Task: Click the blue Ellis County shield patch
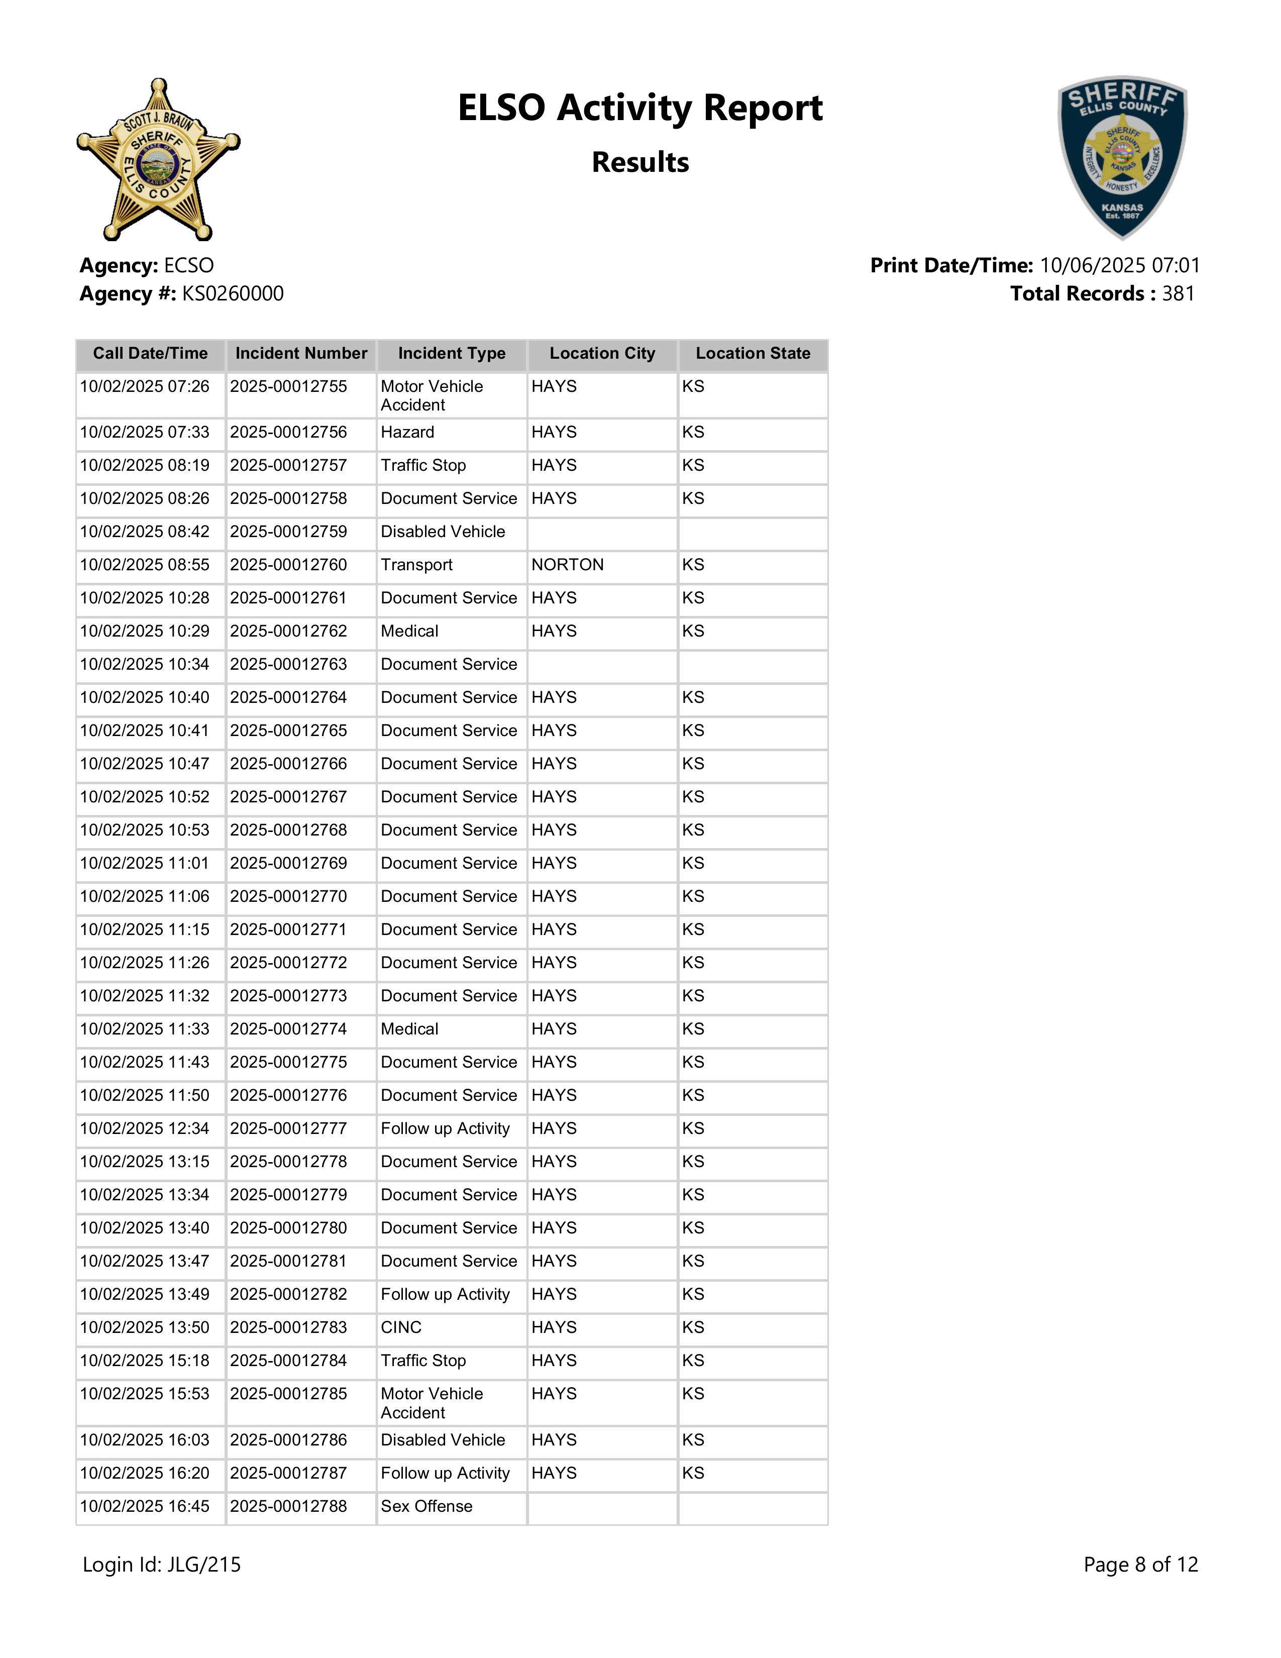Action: [x=1122, y=157]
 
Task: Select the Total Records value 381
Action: [x=1178, y=294]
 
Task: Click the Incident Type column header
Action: [x=452, y=354]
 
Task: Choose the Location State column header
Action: [x=753, y=354]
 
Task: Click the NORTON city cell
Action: [x=568, y=565]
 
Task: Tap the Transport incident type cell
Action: [x=416, y=565]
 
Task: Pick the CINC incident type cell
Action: [x=401, y=1328]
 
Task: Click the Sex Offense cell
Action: [x=426, y=1507]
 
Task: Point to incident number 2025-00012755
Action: [x=288, y=386]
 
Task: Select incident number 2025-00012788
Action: [x=288, y=1507]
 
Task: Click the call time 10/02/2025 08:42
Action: [x=144, y=532]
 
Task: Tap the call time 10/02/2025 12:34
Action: [x=144, y=1129]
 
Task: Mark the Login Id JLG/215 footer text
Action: [x=162, y=1565]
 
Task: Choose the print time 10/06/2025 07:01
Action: [x=1119, y=266]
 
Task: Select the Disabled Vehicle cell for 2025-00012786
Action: [x=443, y=1440]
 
